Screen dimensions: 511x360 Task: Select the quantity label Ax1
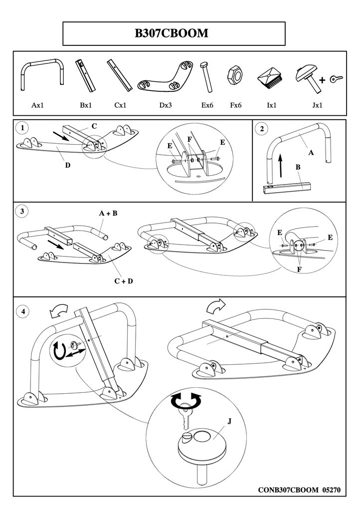point(38,106)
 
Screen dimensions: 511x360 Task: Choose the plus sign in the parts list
point(322,80)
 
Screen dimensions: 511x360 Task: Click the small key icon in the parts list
point(337,78)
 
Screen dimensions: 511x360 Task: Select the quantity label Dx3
point(166,106)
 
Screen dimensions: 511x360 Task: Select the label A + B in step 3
point(108,213)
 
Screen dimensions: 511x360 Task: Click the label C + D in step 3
point(124,281)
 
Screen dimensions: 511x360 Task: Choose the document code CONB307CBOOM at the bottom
point(288,490)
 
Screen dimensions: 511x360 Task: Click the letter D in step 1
point(67,165)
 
